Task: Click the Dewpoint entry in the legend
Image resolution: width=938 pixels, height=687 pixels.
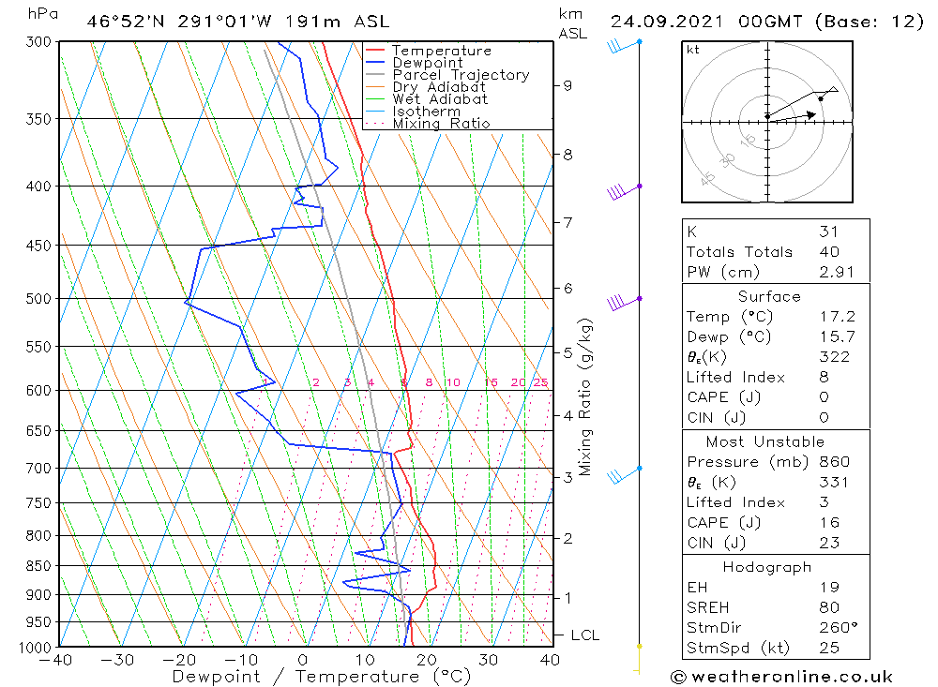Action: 427,63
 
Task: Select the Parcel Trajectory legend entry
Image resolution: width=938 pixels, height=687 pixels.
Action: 460,75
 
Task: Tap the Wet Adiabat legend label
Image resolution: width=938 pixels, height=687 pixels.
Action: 440,99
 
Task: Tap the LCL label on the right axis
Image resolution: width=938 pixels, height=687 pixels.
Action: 584,635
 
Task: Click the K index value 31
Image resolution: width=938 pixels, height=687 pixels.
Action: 828,231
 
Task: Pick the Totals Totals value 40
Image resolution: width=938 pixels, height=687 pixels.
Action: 829,252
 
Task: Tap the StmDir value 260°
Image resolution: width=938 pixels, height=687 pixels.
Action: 837,628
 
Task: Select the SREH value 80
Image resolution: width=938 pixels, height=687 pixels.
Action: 829,607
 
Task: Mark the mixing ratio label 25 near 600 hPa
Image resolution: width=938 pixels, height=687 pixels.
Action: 540,382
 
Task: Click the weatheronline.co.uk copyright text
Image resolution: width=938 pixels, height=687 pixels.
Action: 782,677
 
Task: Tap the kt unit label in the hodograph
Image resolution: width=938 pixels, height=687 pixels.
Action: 693,51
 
